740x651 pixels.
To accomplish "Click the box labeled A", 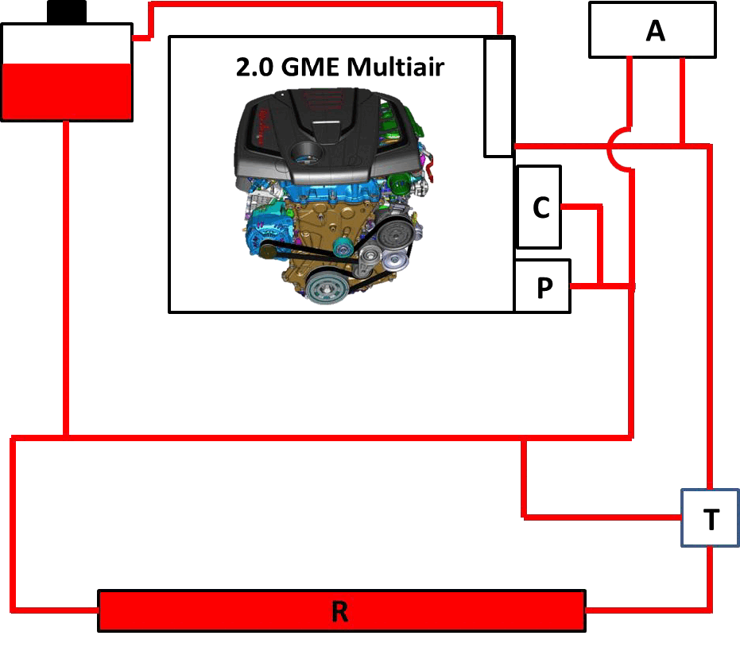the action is [x=653, y=30].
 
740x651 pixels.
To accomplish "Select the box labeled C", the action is [x=540, y=207].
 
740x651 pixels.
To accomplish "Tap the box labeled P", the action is [x=543, y=286].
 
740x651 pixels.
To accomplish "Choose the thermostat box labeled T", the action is [x=711, y=518].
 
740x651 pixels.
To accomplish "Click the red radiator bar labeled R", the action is [x=342, y=611].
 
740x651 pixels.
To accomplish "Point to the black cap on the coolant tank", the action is [x=67, y=12].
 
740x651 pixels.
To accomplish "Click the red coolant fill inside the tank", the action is [x=67, y=91].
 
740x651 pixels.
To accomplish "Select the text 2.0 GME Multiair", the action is [x=340, y=67].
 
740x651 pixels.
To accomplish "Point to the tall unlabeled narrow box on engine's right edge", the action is [x=499, y=97].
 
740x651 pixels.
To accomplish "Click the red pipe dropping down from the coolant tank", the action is [x=66, y=278].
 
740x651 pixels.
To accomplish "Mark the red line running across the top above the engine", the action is [x=326, y=4].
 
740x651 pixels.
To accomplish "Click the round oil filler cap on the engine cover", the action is [x=306, y=152].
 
